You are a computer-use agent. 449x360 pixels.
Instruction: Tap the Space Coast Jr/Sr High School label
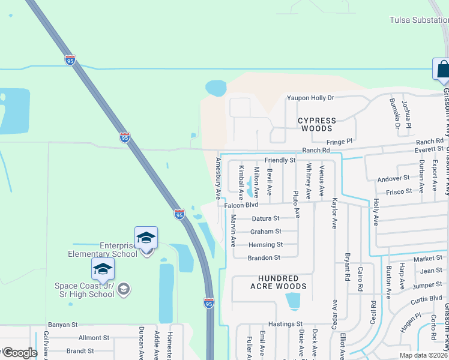84,290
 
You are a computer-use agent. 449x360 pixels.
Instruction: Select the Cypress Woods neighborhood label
317,124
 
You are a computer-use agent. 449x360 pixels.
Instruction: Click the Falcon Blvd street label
241,205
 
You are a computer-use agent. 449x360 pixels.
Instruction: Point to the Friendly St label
280,160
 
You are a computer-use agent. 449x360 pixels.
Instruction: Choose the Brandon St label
264,258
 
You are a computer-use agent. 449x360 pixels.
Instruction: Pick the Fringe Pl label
340,142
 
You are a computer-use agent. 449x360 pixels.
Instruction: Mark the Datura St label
265,218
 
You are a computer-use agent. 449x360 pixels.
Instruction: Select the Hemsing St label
266,245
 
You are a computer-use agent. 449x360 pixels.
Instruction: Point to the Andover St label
393,178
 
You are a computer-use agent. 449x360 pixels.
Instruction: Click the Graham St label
265,232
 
